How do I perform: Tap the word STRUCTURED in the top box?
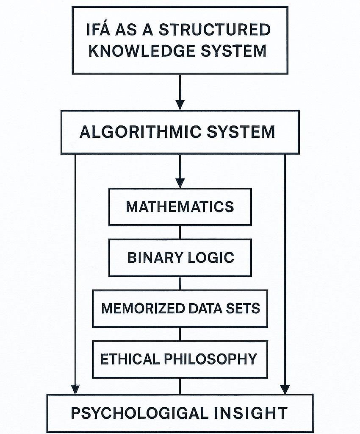pos(214,30)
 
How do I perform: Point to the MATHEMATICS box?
pos(180,207)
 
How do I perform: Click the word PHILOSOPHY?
pos(210,359)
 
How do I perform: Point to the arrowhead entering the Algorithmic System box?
pos(180,104)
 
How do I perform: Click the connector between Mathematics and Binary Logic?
pos(180,232)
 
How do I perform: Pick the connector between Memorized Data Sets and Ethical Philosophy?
pos(180,334)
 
